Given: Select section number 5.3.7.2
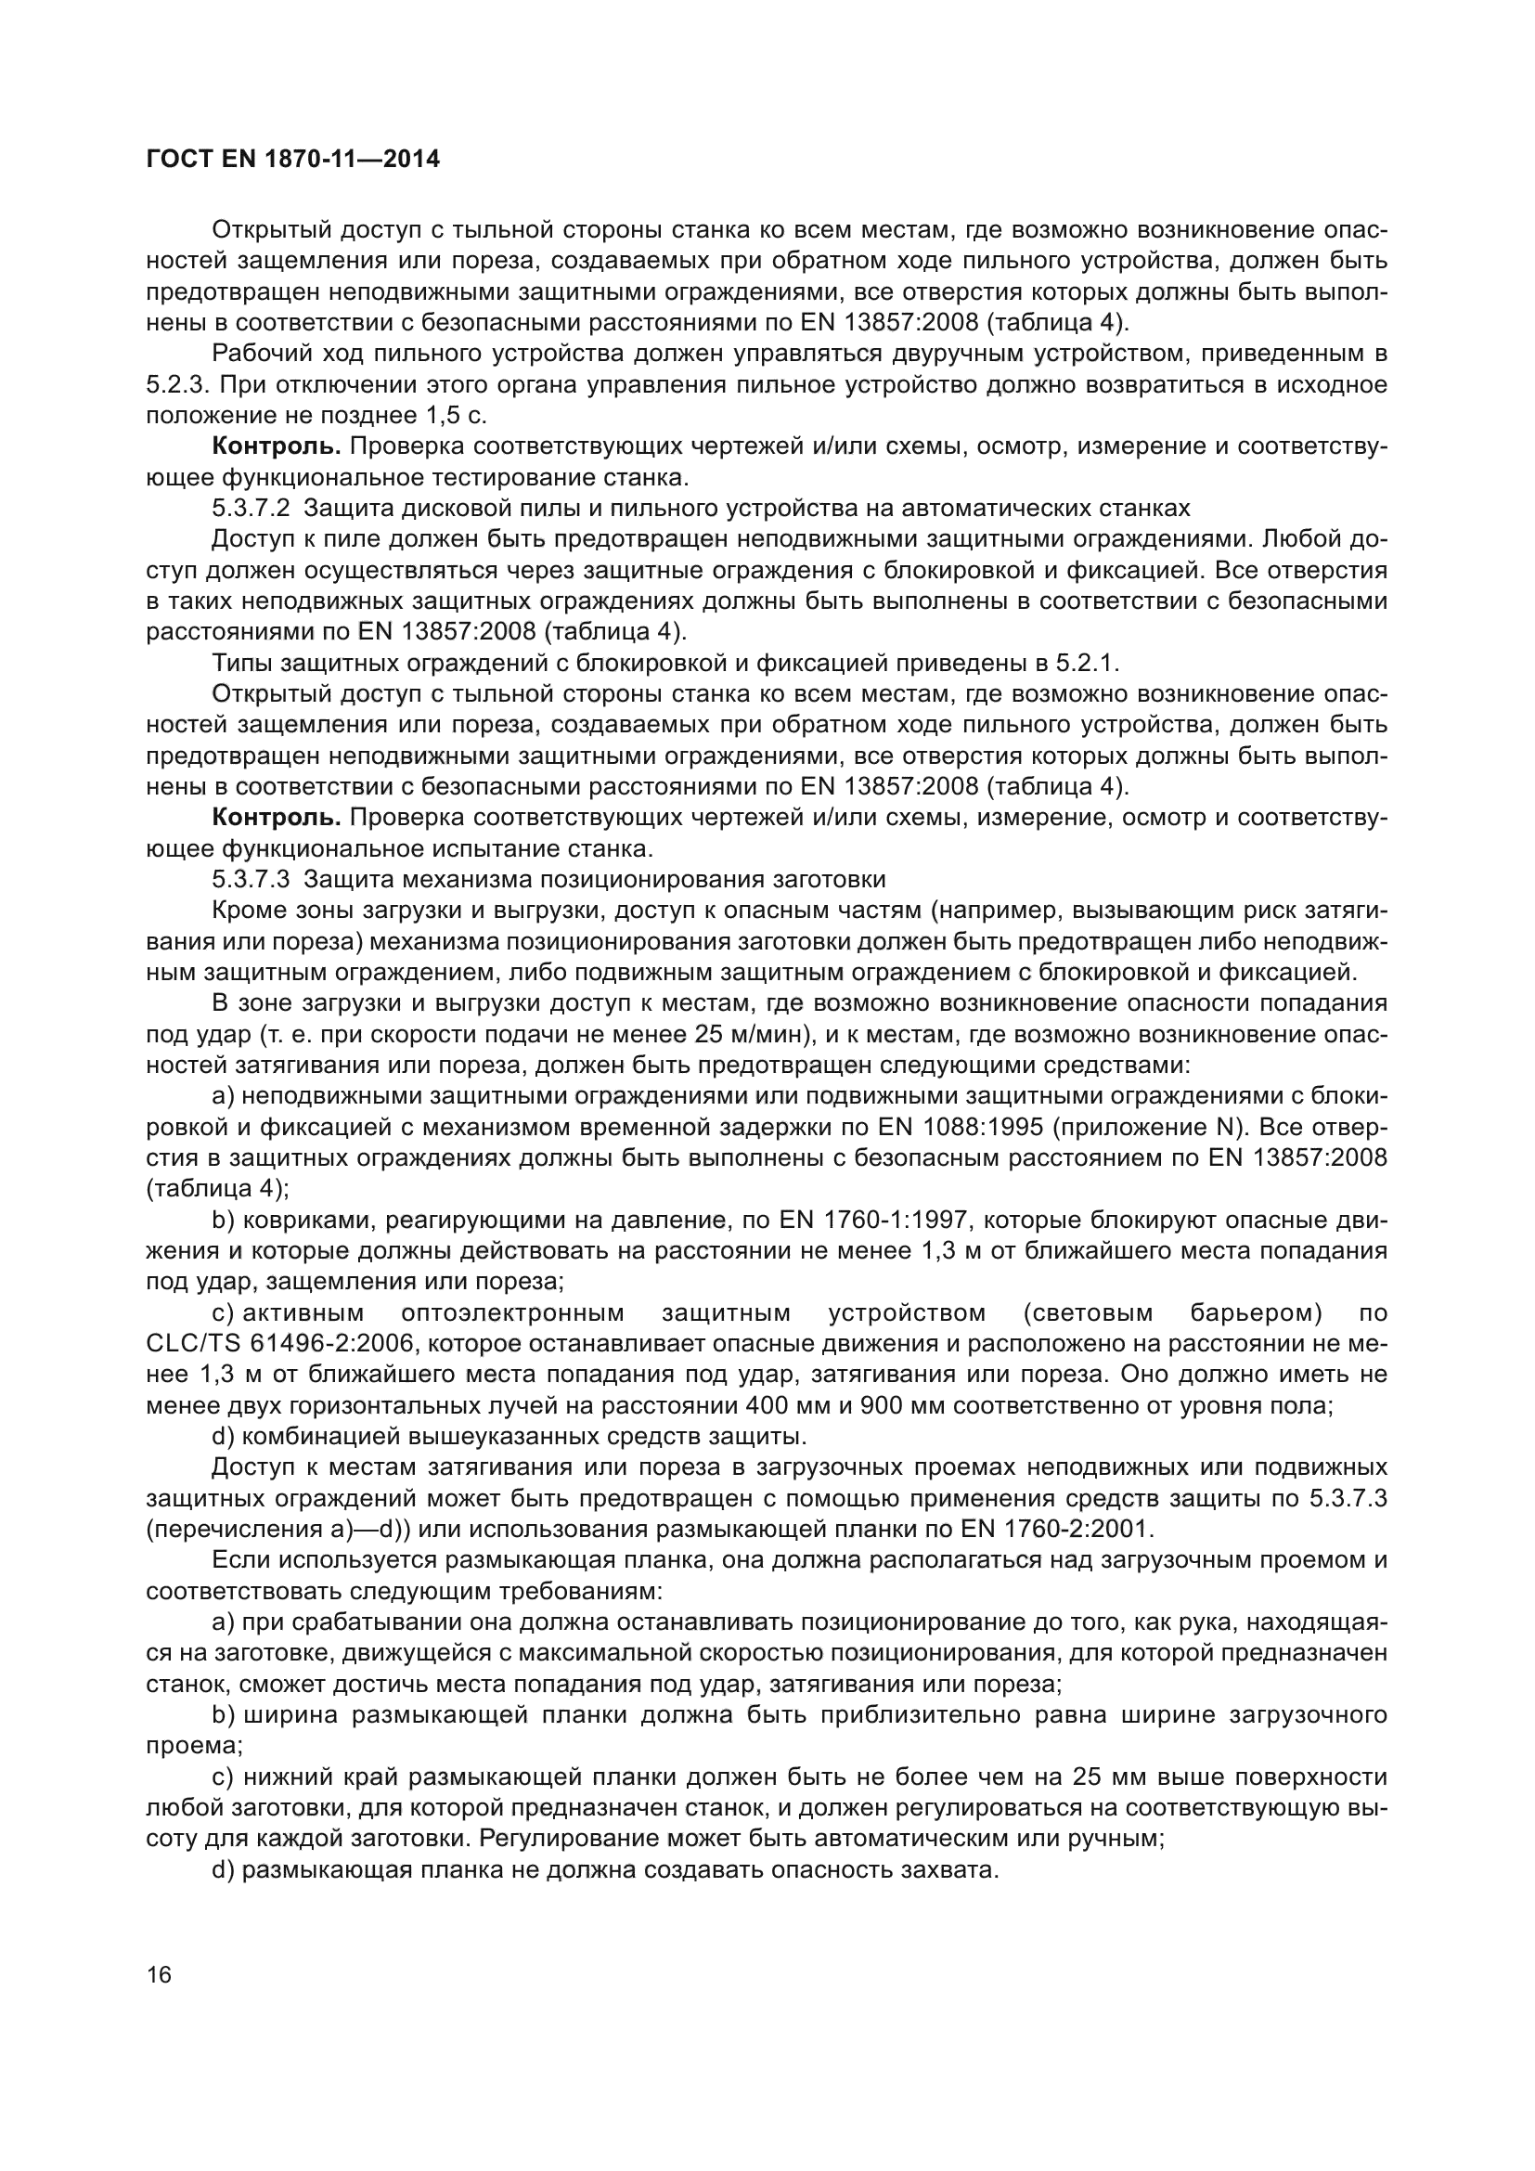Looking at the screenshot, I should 251,509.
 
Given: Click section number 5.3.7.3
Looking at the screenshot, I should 251,879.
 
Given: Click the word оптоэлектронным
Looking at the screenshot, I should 512,1313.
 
